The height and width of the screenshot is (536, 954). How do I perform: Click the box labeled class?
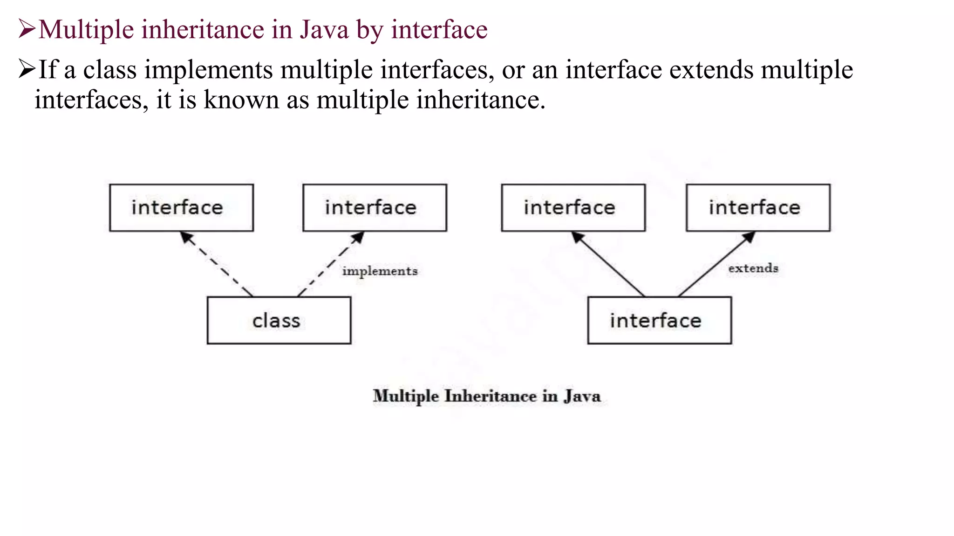click(x=279, y=321)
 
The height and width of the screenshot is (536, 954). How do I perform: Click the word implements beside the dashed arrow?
click(x=380, y=271)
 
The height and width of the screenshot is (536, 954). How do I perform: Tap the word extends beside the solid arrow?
click(x=753, y=268)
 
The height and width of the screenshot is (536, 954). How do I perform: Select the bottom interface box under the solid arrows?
click(x=659, y=321)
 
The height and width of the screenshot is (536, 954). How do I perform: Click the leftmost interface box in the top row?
click(x=181, y=208)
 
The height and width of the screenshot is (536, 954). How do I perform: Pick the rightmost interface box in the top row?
click(x=758, y=208)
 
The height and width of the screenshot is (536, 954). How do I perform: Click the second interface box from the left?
click(x=375, y=208)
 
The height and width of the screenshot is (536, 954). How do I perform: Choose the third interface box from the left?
click(x=573, y=208)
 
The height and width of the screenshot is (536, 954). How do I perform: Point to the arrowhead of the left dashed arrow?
click(x=186, y=237)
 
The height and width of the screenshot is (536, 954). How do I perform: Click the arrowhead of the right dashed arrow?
click(x=358, y=237)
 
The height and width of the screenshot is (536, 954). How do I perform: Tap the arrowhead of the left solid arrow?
click(x=577, y=237)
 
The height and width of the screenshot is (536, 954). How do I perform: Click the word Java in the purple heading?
click(x=324, y=30)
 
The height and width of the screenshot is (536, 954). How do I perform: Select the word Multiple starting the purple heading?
click(x=86, y=30)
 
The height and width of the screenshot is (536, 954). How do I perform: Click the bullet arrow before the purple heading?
click(x=27, y=29)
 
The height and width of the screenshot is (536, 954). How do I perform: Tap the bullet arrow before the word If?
click(x=27, y=69)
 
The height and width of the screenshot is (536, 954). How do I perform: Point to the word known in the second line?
click(x=241, y=100)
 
